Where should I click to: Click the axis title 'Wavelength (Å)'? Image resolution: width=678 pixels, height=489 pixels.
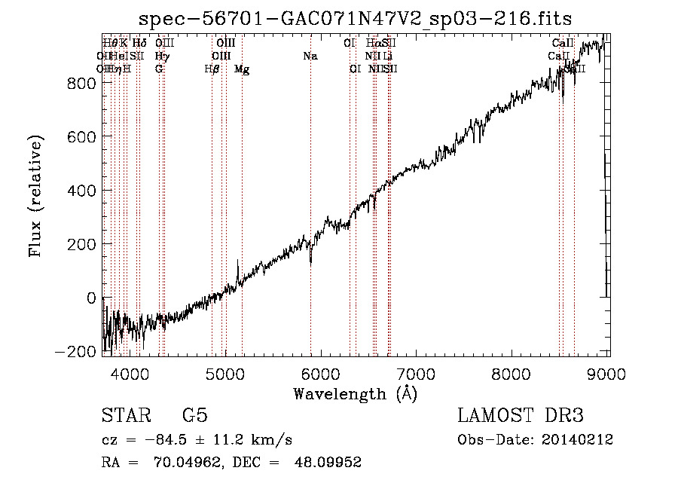356,393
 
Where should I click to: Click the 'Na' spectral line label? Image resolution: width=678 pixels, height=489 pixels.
310,57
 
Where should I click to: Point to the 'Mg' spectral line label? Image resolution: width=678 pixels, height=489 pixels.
242,69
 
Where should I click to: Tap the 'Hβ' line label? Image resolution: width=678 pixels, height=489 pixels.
212,69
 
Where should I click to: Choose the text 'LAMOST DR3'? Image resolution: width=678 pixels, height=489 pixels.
521,417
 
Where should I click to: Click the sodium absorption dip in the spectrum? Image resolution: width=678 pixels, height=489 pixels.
310,261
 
